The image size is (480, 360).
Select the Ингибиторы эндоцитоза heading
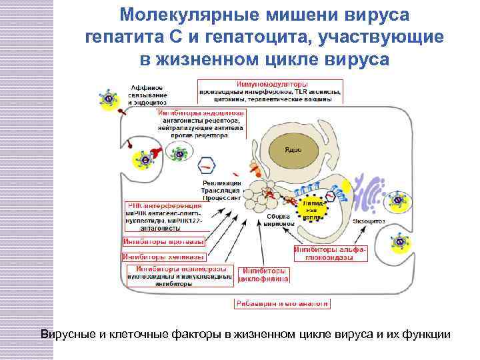pos(201,113)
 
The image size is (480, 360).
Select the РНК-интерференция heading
pos(164,206)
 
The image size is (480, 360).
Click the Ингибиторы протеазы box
pos(164,241)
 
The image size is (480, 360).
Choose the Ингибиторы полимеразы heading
pos(179,269)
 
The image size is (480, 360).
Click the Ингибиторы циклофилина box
pos(265,275)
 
